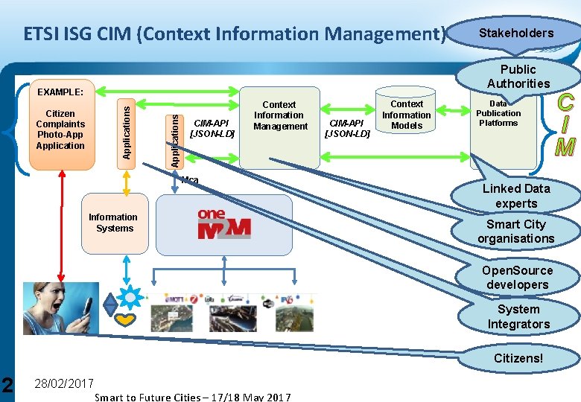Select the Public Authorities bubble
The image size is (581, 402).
pyautogui.click(x=518, y=77)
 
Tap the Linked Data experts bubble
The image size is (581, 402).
pyautogui.click(x=515, y=196)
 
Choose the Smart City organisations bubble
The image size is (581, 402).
pyautogui.click(x=515, y=232)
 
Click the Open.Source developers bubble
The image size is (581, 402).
pyautogui.click(x=517, y=278)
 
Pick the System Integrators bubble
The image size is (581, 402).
pyautogui.click(x=518, y=317)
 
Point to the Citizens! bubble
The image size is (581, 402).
pyautogui.click(x=518, y=358)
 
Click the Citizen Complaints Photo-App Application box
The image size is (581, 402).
pyautogui.click(x=60, y=130)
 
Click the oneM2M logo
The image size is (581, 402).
pyautogui.click(x=224, y=224)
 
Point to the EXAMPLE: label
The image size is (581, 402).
pyautogui.click(x=60, y=92)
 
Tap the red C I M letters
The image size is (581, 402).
pyautogui.click(x=565, y=124)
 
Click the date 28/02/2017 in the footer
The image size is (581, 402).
pyautogui.click(x=64, y=383)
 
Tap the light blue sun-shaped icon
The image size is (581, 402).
pyautogui.click(x=131, y=296)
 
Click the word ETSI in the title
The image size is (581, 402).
pyautogui.click(x=43, y=34)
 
